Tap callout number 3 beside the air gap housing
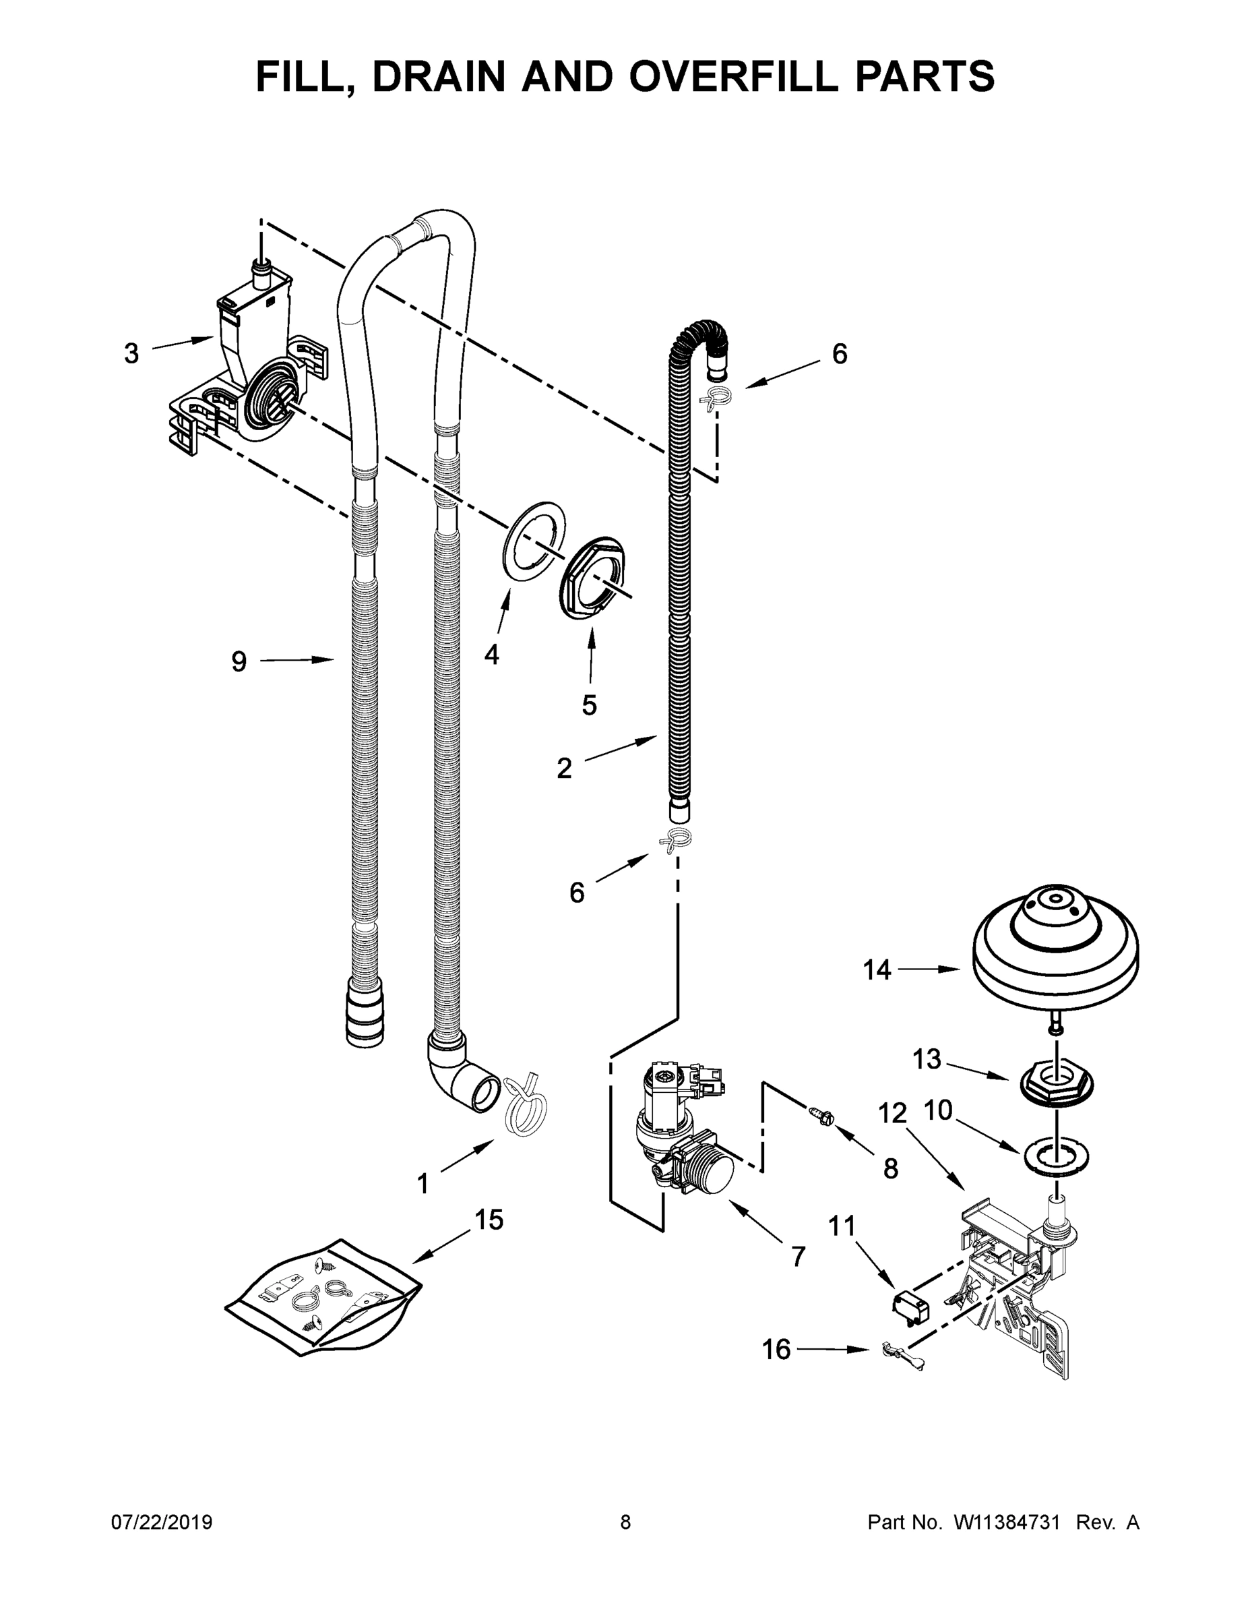click(131, 354)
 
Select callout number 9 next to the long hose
click(239, 661)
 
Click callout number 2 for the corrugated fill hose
click(564, 769)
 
